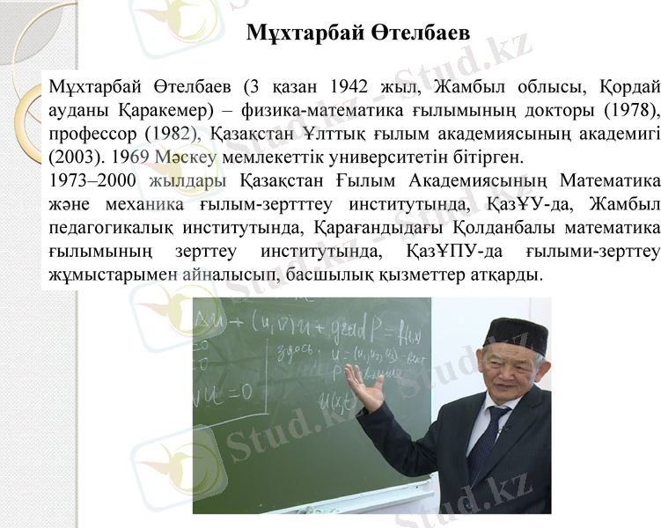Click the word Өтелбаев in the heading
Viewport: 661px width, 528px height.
click(x=417, y=33)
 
